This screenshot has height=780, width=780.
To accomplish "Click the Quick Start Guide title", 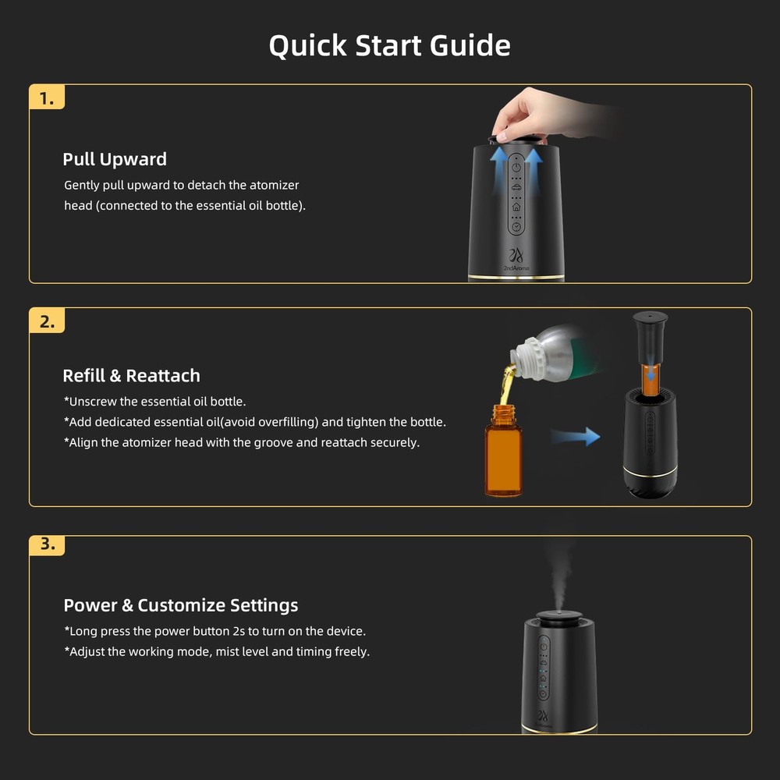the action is pos(389,46).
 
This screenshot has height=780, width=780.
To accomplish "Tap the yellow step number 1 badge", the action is pos(47,97).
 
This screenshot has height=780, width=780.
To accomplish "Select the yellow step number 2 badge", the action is pos(47,321).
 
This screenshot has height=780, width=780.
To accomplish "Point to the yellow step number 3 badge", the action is pos(47,545).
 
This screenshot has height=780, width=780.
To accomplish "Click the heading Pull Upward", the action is pos(115,159).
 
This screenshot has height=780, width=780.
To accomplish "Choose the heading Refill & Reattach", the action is pos(131,376).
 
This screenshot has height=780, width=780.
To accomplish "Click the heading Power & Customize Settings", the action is pos(181,605).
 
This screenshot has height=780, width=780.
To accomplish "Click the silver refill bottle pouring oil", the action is pos(552,353).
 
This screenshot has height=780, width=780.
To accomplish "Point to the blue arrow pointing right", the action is pos(576,436).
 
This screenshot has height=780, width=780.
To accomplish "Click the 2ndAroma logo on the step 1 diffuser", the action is pos(516,260).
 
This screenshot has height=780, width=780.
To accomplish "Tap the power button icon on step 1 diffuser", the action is pos(516,167).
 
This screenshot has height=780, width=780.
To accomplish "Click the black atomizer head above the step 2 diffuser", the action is pos(651,338).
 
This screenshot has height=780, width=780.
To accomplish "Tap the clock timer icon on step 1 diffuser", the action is pos(516,227).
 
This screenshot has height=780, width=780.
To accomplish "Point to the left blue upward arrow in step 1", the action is pos(499,172).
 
